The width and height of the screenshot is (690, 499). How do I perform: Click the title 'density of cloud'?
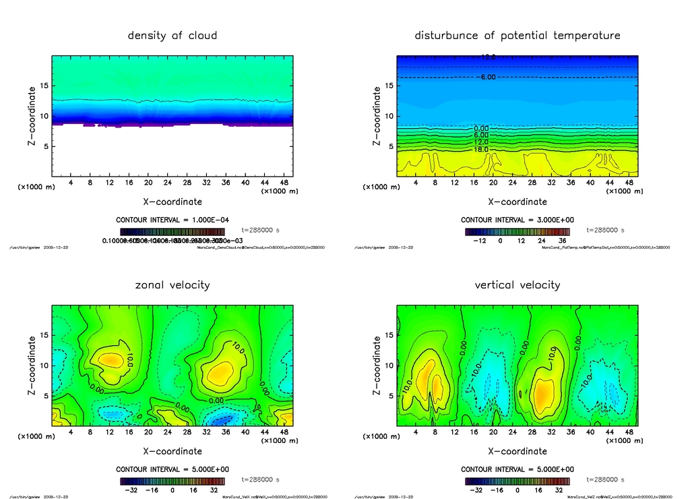(172, 36)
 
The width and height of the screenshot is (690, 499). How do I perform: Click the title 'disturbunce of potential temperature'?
(517, 36)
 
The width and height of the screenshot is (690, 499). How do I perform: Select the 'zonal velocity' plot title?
(172, 285)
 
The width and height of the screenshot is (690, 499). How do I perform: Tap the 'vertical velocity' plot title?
(517, 285)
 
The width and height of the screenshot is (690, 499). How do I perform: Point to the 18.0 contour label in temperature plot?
(480, 149)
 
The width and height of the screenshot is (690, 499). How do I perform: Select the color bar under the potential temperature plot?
(517, 231)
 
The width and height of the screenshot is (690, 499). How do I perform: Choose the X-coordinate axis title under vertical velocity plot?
(517, 451)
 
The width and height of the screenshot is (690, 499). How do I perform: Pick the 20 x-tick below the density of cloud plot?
(148, 183)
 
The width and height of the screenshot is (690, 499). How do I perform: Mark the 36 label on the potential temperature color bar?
(563, 240)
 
